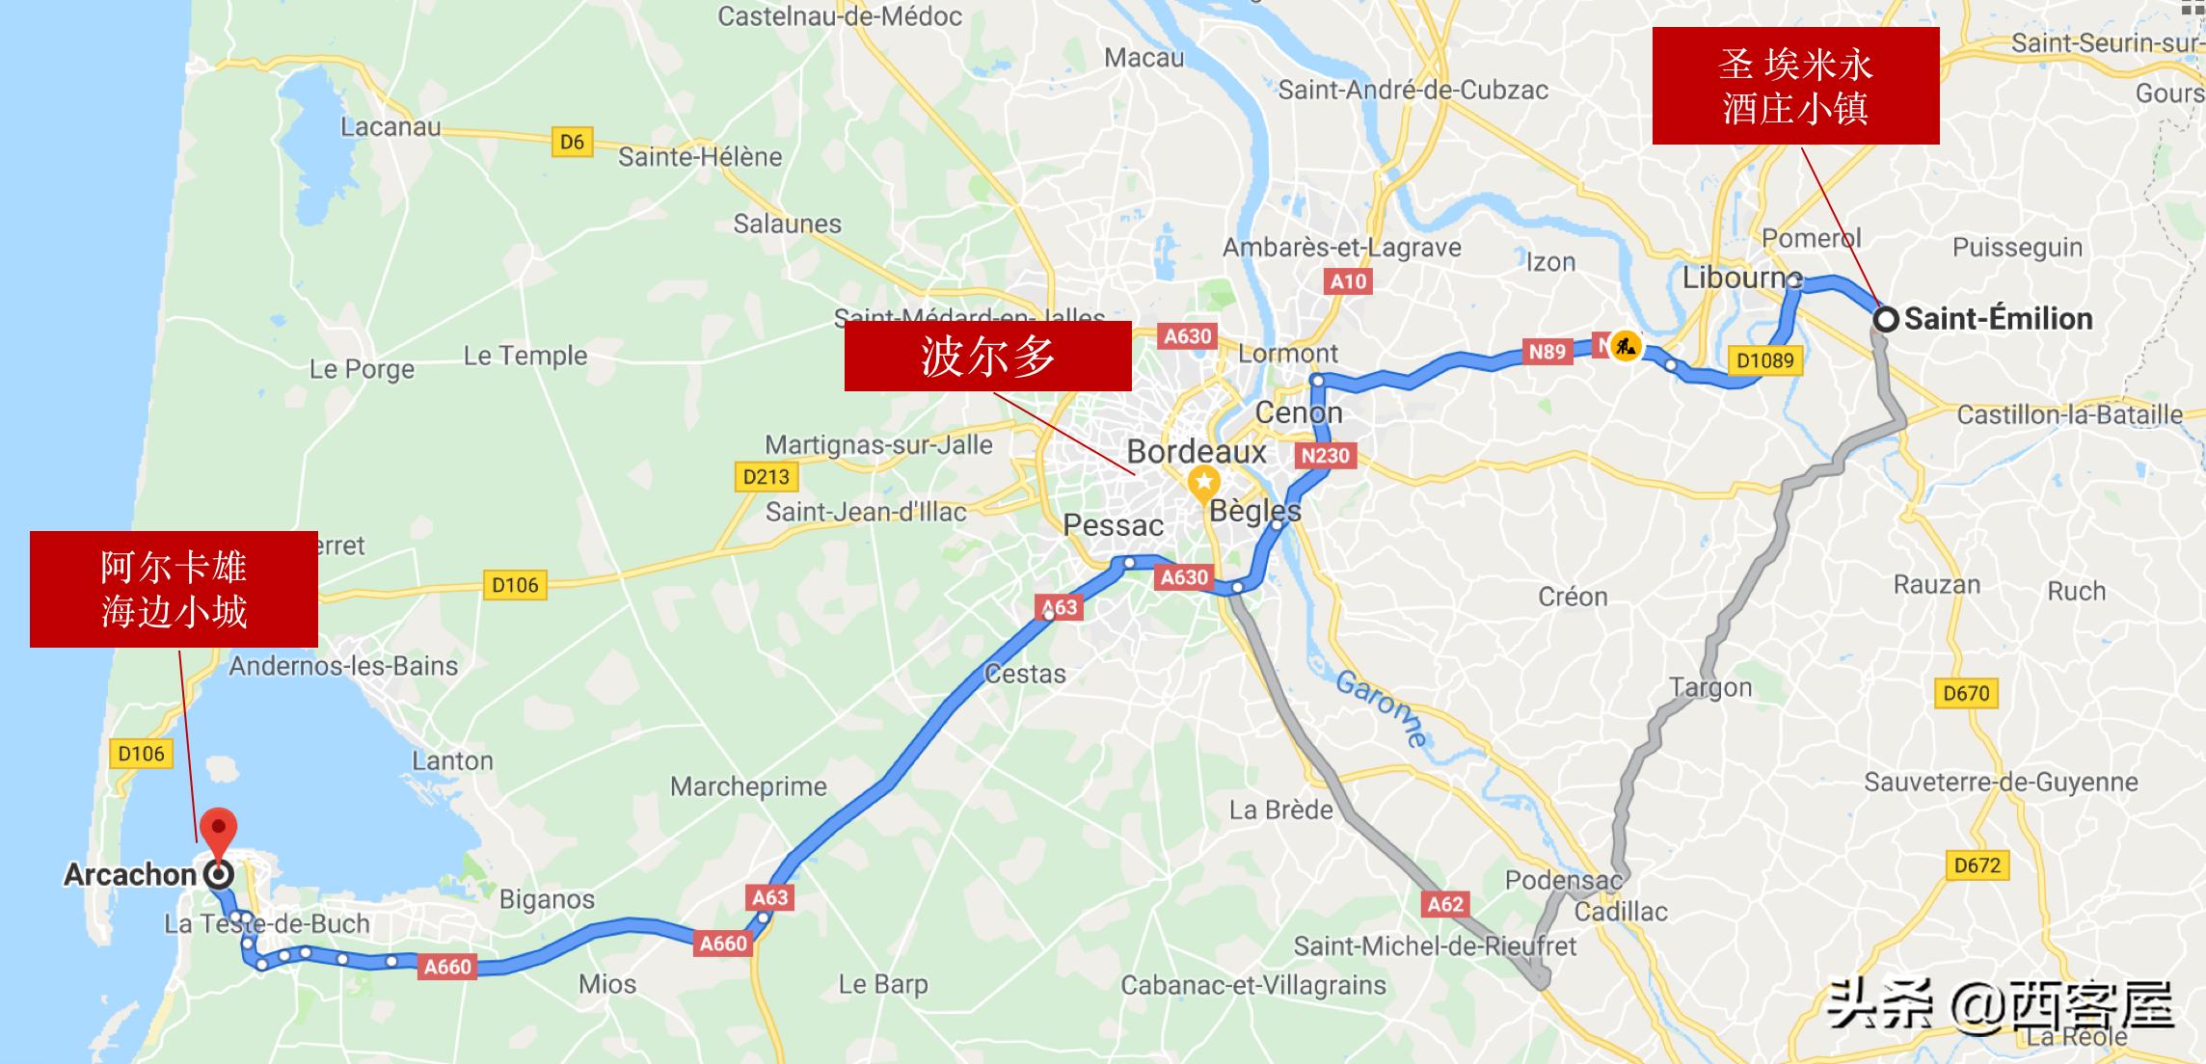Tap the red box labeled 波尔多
(x=987, y=356)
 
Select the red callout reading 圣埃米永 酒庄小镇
(x=1795, y=86)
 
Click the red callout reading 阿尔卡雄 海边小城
(x=174, y=589)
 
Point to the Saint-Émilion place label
(x=1998, y=319)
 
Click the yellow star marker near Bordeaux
(x=1203, y=481)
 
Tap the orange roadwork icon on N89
(x=1626, y=345)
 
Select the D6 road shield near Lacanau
(x=572, y=142)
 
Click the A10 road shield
(x=1348, y=281)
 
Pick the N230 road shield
(x=1325, y=456)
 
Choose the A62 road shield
(x=1444, y=904)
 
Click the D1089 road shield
(x=1764, y=360)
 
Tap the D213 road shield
(x=767, y=476)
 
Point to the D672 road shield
(x=1977, y=865)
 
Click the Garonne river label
(x=1381, y=709)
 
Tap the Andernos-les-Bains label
(x=343, y=666)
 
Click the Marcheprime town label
(x=748, y=786)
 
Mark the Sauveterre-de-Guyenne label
(x=2001, y=782)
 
